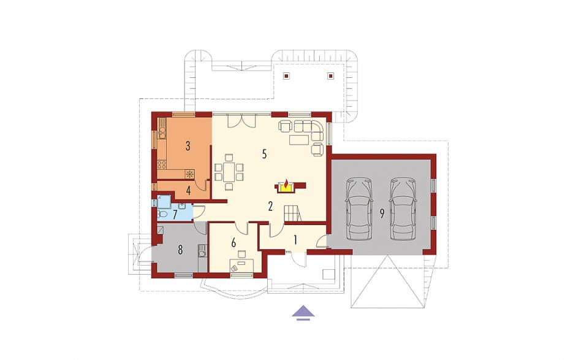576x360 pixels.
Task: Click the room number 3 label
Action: [188, 146]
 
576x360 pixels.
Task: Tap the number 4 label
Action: [188, 191]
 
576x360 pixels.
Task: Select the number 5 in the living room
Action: [264, 154]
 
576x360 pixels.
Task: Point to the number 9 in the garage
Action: [382, 214]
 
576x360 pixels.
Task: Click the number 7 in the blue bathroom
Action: [175, 215]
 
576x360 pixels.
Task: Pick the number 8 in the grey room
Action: [180, 250]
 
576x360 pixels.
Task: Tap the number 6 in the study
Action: [233, 243]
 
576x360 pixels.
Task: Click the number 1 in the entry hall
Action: [295, 240]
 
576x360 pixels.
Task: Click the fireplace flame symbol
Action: [286, 185]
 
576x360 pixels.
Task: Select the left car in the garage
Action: [360, 208]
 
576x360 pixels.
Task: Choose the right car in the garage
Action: [403, 208]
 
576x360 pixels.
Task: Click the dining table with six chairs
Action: [229, 172]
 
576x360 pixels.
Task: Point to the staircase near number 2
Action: [292, 213]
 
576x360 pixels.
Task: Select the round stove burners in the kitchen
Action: [162, 165]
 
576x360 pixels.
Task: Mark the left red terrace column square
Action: [286, 76]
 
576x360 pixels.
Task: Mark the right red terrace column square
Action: [330, 76]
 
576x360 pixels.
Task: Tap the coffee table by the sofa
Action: [299, 140]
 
